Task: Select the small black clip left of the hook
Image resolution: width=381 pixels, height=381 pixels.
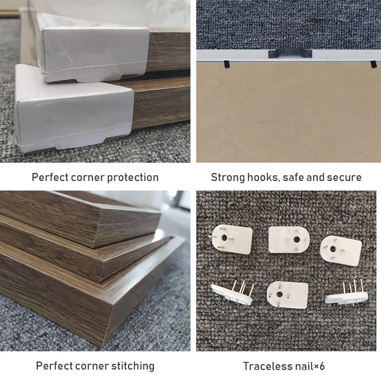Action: tap(227, 62)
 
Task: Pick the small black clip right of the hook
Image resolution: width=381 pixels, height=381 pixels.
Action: tap(372, 63)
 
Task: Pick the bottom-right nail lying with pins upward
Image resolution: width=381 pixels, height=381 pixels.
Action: tap(346, 294)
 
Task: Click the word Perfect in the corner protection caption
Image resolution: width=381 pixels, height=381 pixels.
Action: tap(50, 177)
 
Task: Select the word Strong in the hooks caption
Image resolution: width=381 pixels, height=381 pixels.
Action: tap(227, 177)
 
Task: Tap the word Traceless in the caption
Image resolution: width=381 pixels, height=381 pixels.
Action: tap(266, 366)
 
